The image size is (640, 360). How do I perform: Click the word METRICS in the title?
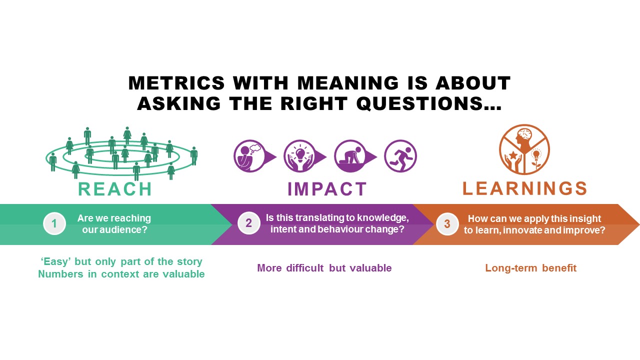click(x=176, y=83)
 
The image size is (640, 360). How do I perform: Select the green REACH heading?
click(x=115, y=189)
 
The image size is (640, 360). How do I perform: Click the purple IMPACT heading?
click(x=327, y=189)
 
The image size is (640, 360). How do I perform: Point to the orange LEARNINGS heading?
click(x=524, y=188)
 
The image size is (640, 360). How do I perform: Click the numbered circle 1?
click(x=54, y=223)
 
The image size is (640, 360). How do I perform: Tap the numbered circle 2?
click(x=249, y=223)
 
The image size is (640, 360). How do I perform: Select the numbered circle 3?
click(x=447, y=224)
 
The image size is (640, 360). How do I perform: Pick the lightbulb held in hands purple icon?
click(x=300, y=156)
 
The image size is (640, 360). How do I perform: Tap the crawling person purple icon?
click(x=350, y=156)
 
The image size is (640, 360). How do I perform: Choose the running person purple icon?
click(x=400, y=156)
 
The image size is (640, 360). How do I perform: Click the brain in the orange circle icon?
click(x=525, y=133)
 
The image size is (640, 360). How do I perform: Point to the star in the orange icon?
click(x=513, y=155)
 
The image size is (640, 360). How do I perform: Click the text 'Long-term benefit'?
click(x=531, y=268)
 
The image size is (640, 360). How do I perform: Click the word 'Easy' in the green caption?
click(x=55, y=261)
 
